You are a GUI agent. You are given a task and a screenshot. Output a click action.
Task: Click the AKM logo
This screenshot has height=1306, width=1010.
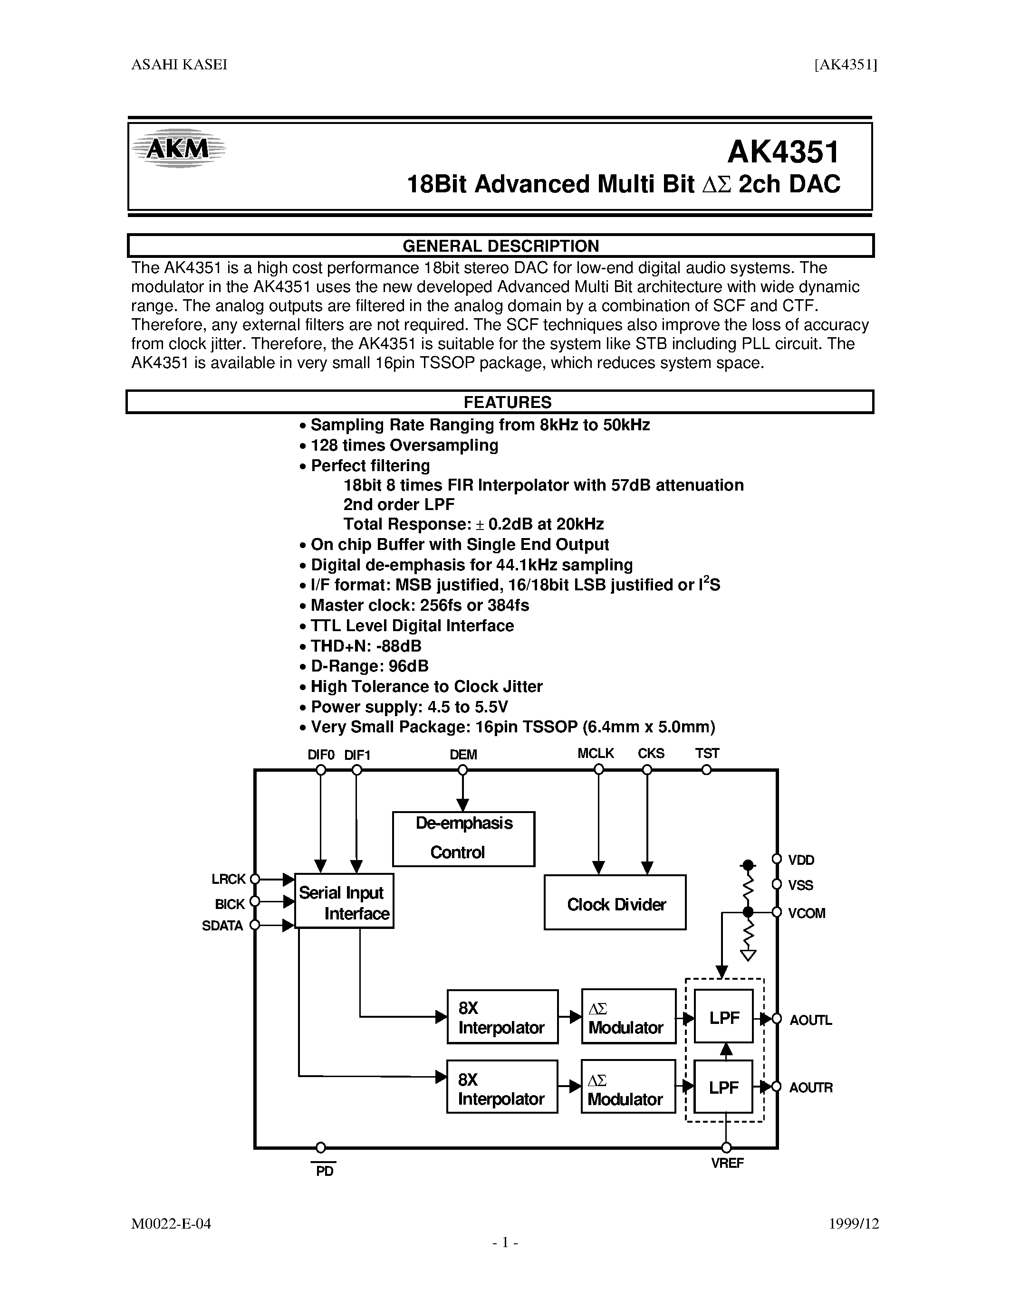[178, 148]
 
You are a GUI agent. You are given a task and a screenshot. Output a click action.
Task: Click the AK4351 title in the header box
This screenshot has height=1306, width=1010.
[783, 152]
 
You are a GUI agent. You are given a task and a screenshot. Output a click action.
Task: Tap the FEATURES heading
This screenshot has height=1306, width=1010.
[508, 402]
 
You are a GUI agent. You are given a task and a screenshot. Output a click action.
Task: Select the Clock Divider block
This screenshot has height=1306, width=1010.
[615, 904]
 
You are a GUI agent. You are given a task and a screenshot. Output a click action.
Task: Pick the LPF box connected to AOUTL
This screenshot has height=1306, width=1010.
[723, 1018]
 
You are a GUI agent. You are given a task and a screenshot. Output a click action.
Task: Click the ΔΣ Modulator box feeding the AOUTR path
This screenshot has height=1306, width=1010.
[628, 1089]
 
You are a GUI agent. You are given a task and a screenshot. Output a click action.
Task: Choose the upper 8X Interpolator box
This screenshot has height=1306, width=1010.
[502, 1018]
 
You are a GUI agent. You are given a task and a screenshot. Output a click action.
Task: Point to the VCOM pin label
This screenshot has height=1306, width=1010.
[807, 913]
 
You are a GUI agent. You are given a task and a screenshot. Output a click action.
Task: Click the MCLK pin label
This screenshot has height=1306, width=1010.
[596, 754]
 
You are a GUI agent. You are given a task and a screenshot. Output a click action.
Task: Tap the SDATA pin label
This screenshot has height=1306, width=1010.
[222, 926]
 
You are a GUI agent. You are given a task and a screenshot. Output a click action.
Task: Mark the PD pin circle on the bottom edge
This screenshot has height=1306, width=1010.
[321, 1147]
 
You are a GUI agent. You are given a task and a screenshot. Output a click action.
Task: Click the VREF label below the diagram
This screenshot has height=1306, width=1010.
[727, 1163]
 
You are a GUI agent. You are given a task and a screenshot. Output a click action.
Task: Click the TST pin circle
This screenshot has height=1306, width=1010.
[707, 770]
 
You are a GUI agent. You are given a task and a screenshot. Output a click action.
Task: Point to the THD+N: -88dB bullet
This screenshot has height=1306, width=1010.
[366, 646]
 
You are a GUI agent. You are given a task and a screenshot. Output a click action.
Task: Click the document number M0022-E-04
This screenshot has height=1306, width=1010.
[171, 1223]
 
